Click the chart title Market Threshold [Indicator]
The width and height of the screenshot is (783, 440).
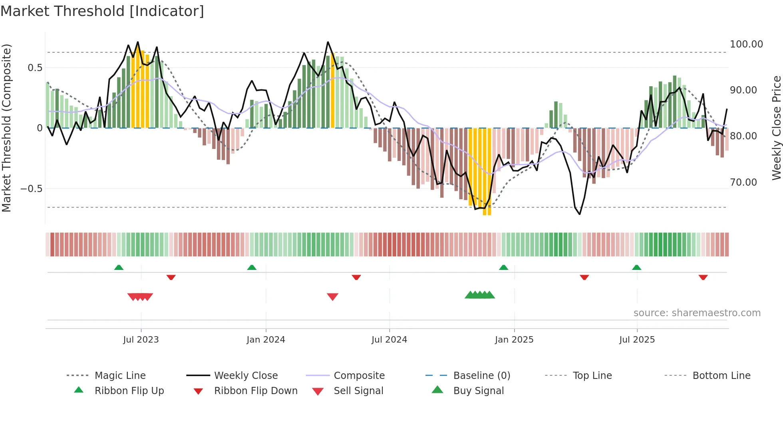click(x=102, y=11)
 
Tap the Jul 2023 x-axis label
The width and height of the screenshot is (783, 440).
click(x=141, y=340)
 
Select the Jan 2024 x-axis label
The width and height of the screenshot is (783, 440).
click(x=266, y=340)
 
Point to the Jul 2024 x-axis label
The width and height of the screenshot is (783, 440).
click(x=389, y=340)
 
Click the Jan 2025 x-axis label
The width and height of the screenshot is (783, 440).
click(x=514, y=340)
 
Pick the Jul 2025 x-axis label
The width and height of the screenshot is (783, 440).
click(x=637, y=340)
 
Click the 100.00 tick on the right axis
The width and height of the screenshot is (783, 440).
click(x=746, y=44)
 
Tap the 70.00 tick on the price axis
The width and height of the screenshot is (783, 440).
click(x=743, y=182)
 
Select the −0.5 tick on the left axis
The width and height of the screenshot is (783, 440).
click(x=31, y=188)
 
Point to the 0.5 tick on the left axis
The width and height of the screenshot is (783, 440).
click(x=35, y=68)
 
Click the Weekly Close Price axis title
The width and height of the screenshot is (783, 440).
click(x=776, y=128)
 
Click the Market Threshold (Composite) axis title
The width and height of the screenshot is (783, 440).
click(x=6, y=128)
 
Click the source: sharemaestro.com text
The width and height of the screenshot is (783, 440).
click(x=697, y=313)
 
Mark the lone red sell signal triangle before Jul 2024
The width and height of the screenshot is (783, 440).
click(x=332, y=297)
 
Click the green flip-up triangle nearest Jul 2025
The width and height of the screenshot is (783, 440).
click(x=636, y=268)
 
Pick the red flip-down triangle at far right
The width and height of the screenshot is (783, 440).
click(x=703, y=277)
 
